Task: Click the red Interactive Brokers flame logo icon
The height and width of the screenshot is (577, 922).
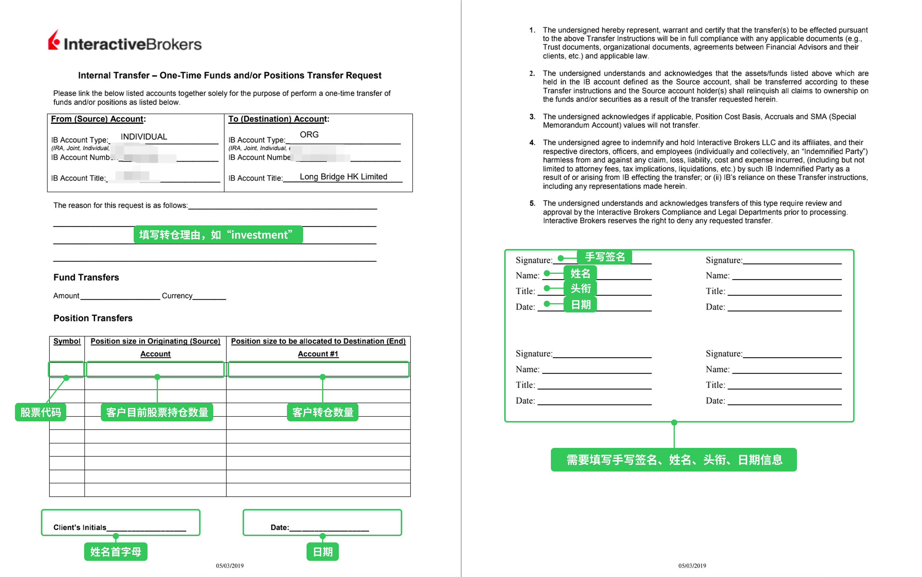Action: (x=54, y=40)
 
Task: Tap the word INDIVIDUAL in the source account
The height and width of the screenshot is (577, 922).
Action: (x=144, y=137)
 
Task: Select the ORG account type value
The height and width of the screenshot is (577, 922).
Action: (x=309, y=135)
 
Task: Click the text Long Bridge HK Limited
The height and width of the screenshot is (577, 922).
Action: (x=343, y=177)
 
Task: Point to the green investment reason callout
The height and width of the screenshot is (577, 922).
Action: (x=218, y=235)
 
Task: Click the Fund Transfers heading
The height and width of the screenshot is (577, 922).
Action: (x=86, y=278)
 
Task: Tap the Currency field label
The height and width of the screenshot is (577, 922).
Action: (x=177, y=296)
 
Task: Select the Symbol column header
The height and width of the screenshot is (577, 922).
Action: (x=67, y=341)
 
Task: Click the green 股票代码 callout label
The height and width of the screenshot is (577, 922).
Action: (x=40, y=412)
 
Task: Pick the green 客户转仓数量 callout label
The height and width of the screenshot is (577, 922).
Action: (x=322, y=412)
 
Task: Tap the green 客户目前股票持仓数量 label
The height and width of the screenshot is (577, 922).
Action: (x=157, y=412)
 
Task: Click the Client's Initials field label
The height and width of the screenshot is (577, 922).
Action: (x=80, y=527)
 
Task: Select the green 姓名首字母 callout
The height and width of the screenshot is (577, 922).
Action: (x=116, y=552)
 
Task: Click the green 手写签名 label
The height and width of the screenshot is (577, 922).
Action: (x=604, y=257)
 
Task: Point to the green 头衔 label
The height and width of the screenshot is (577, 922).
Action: (x=580, y=288)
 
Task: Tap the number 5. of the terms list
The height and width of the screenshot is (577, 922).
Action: (x=532, y=203)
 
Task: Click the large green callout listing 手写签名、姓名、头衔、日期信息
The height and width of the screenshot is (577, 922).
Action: (x=674, y=460)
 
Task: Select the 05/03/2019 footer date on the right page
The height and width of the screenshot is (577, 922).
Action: (x=692, y=565)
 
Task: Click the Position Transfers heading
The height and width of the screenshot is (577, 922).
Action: (x=93, y=318)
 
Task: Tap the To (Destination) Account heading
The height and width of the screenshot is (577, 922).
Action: (x=278, y=119)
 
